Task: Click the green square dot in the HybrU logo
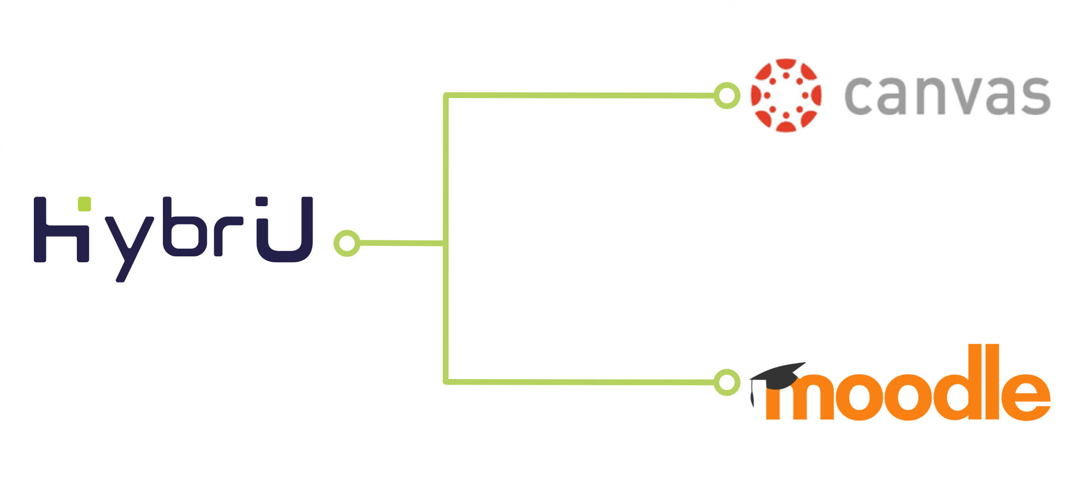click(85, 204)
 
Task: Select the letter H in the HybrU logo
click(61, 229)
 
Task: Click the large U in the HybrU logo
click(285, 229)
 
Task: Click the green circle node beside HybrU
click(347, 243)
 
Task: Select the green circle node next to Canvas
click(727, 96)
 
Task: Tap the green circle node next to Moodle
click(727, 382)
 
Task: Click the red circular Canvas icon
click(786, 96)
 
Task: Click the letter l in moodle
click(992, 381)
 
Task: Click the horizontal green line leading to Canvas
click(580, 96)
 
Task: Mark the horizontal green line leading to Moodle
click(580, 382)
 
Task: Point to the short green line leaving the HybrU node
click(402, 243)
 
